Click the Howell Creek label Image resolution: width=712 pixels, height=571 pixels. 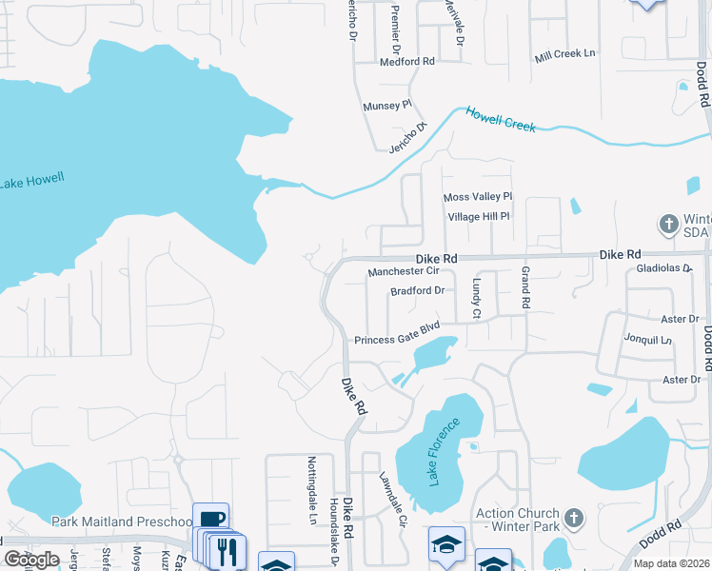pos(501,120)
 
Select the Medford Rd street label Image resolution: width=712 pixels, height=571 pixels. pos(406,61)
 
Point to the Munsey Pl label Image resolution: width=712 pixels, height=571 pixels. pos(386,106)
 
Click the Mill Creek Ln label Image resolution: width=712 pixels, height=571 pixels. pos(564,54)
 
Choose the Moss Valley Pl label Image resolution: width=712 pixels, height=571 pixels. pos(478,197)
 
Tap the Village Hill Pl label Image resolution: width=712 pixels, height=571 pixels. pos(480,217)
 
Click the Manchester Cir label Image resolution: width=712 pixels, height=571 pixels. pos(402,272)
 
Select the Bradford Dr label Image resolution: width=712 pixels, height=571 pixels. pos(418,291)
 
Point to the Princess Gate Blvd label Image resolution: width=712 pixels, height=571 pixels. pos(399,340)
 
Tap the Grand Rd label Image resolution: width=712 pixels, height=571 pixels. pos(524,288)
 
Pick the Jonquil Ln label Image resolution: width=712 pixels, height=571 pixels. pos(648,340)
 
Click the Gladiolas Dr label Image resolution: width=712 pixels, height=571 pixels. pos(663,269)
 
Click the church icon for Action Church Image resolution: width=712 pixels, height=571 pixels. pos(573,519)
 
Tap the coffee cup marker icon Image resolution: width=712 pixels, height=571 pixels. pos(211,520)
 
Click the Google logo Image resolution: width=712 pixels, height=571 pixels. pos(31,559)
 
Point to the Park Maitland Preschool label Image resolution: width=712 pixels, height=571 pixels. pos(120,522)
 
